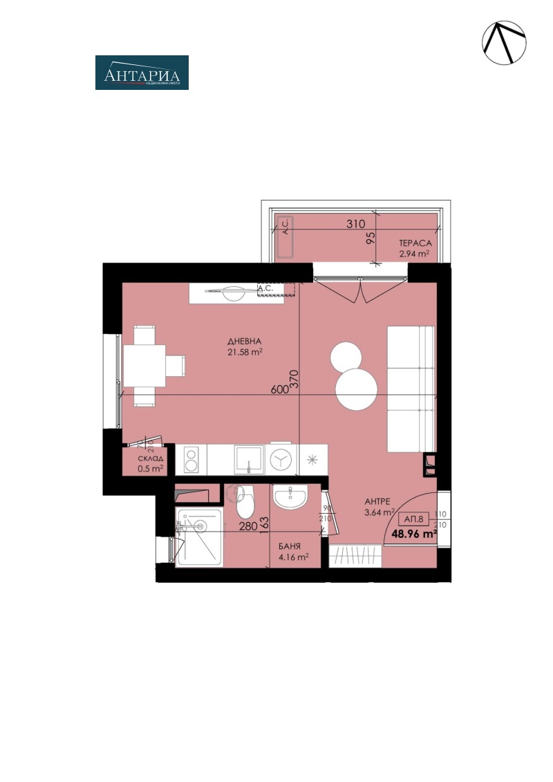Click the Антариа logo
[x=142, y=73]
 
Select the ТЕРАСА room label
[x=415, y=243]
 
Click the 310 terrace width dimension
[x=355, y=224]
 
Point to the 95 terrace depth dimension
[x=371, y=239]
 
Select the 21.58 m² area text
[x=245, y=353]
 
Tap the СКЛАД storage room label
[x=150, y=459]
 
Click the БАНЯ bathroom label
[x=289, y=545]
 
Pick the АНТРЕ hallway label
[x=379, y=502]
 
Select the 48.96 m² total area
[x=414, y=534]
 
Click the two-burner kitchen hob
[x=191, y=458]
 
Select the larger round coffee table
[x=357, y=389]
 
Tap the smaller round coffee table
[x=346, y=356]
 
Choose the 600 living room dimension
[x=279, y=390]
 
